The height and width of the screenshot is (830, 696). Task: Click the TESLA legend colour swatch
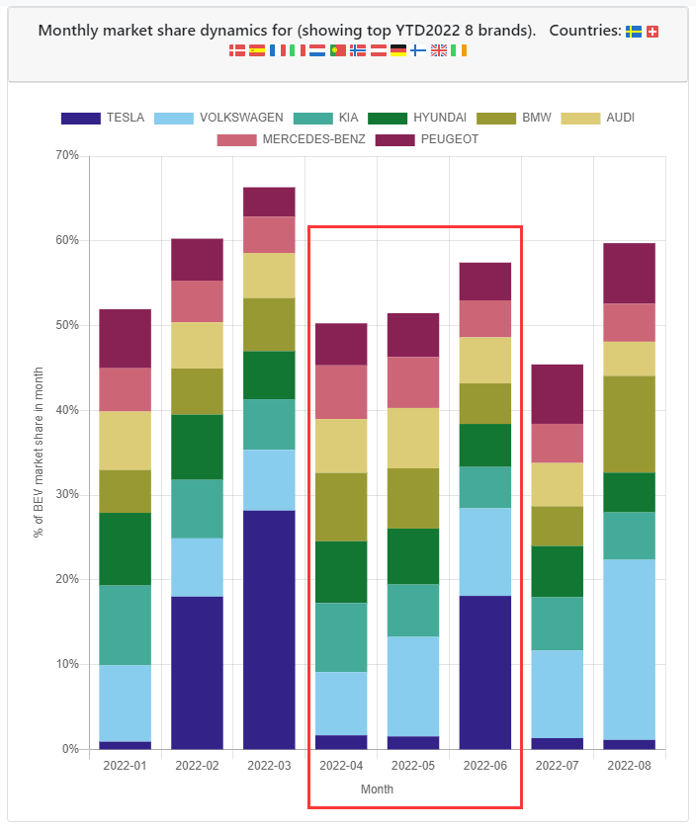(80, 118)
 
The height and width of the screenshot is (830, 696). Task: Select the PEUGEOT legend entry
(449, 138)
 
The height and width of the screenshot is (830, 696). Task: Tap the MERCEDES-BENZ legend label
(313, 138)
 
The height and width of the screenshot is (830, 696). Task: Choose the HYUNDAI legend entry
(433, 118)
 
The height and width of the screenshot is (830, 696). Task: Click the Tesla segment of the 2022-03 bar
(269, 629)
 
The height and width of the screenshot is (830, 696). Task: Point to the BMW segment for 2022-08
(629, 424)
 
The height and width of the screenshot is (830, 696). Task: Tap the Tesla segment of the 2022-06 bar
(485, 672)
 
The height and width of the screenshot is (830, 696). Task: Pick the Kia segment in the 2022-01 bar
(125, 624)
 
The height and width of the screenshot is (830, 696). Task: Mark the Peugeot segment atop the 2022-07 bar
(557, 394)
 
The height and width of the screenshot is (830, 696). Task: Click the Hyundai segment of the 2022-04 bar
(341, 572)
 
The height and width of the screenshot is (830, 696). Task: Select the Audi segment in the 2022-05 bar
(413, 438)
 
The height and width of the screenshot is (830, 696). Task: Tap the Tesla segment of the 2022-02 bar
(197, 672)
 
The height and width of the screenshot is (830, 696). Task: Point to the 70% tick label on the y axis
(66, 156)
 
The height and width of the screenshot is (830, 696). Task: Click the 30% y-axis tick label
(66, 495)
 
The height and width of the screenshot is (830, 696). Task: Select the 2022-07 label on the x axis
(557, 765)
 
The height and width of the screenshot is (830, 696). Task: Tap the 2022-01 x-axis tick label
(125, 765)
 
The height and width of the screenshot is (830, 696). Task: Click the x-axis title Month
(377, 789)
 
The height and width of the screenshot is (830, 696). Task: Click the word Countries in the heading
(583, 31)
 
